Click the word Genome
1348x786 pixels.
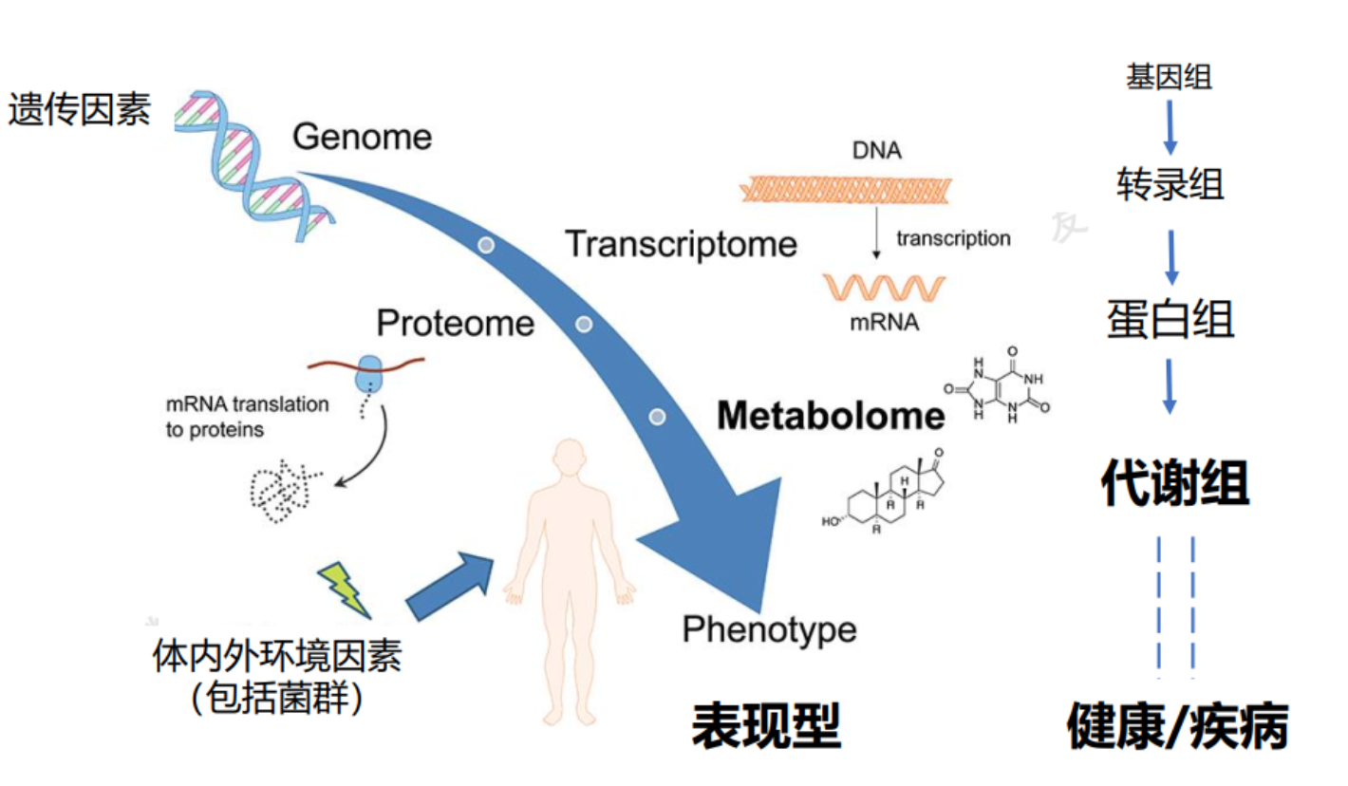pos(362,138)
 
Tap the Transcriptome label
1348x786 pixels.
pos(681,245)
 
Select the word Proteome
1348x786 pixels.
pos(456,324)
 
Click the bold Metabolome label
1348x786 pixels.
pos(831,416)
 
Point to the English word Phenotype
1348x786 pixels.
pos(769,628)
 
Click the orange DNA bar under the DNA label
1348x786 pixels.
pos(846,190)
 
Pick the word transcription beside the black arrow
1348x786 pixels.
pos(952,238)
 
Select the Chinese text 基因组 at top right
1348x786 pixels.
pos(1169,78)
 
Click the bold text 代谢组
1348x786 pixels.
pos(1174,484)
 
